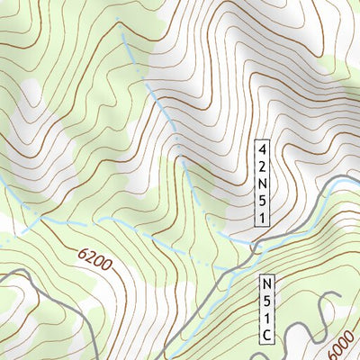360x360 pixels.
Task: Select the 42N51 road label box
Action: tap(262, 184)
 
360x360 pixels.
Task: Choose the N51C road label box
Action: tap(267, 309)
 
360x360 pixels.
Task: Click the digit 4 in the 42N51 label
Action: tap(262, 148)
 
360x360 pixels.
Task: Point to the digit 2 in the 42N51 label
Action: tap(262, 166)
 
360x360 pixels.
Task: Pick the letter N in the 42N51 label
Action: tap(262, 184)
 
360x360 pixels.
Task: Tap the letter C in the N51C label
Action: tap(267, 335)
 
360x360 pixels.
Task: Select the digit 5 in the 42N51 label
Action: tap(262, 202)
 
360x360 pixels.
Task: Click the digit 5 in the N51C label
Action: tap(267, 301)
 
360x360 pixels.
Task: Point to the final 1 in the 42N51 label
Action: tap(262, 219)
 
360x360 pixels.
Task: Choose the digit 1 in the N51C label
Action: tap(267, 318)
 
